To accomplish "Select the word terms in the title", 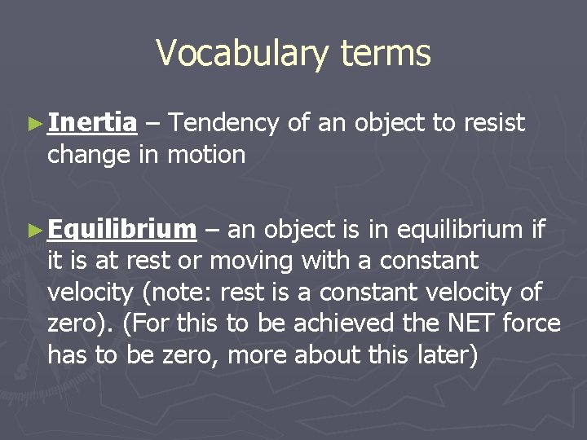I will (x=386, y=54).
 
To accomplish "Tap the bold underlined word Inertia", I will (x=92, y=123).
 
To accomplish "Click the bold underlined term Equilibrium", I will (x=121, y=231).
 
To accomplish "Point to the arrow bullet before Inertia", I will (x=33, y=124).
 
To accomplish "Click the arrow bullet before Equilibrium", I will (x=33, y=231).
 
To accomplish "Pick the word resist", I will (x=494, y=123).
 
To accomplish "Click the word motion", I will (x=206, y=154).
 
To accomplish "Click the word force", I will (x=531, y=323).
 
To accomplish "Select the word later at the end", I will (x=447, y=354).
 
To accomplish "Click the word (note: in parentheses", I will (x=182, y=293).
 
